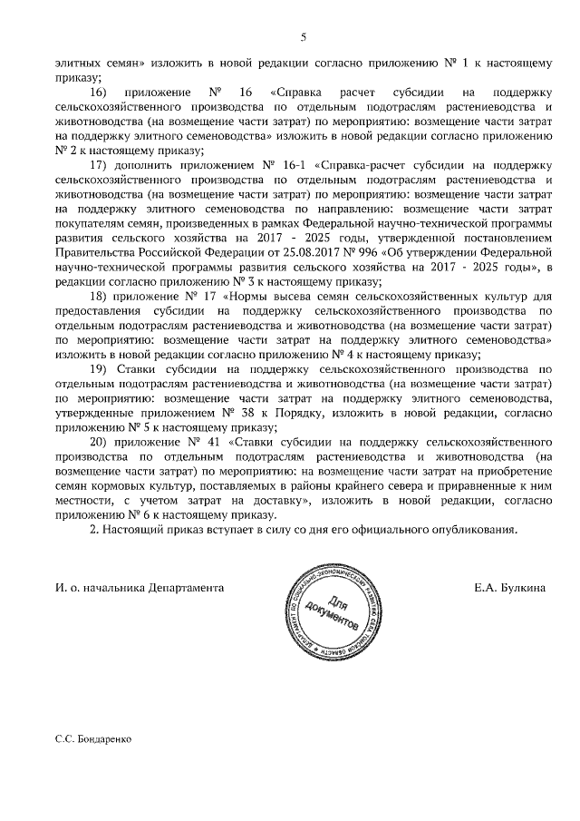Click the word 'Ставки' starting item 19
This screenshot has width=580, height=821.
click(140, 368)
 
